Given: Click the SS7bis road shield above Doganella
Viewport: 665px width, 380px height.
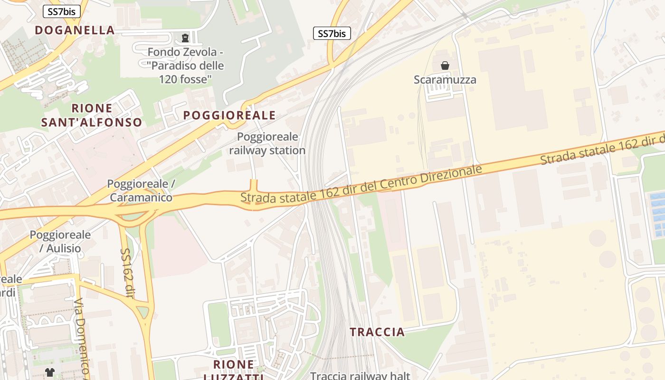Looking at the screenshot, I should click(61, 12).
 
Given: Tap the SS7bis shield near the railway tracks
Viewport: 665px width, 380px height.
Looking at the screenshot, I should click(332, 33).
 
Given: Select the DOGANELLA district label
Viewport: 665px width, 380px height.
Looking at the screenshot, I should click(75, 30).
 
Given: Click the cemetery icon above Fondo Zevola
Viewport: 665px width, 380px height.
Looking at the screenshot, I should click(185, 38).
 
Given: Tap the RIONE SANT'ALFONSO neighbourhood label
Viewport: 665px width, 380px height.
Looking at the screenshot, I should click(92, 115).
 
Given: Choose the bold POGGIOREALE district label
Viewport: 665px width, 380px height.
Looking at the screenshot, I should click(229, 115).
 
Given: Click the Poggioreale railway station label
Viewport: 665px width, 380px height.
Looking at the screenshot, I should click(267, 144).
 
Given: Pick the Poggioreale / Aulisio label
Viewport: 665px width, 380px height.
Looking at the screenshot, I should click(60, 241).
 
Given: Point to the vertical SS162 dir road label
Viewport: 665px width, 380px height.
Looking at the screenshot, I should click(125, 273).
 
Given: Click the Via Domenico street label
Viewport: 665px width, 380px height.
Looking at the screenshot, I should click(82, 335).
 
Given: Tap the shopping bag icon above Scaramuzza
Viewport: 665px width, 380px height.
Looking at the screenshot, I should click(445, 66).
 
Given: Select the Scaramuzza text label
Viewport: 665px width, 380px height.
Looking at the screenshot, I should click(445, 79).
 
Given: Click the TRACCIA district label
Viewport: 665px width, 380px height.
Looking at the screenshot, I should click(377, 332).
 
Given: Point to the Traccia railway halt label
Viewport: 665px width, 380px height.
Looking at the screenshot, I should click(360, 375).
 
